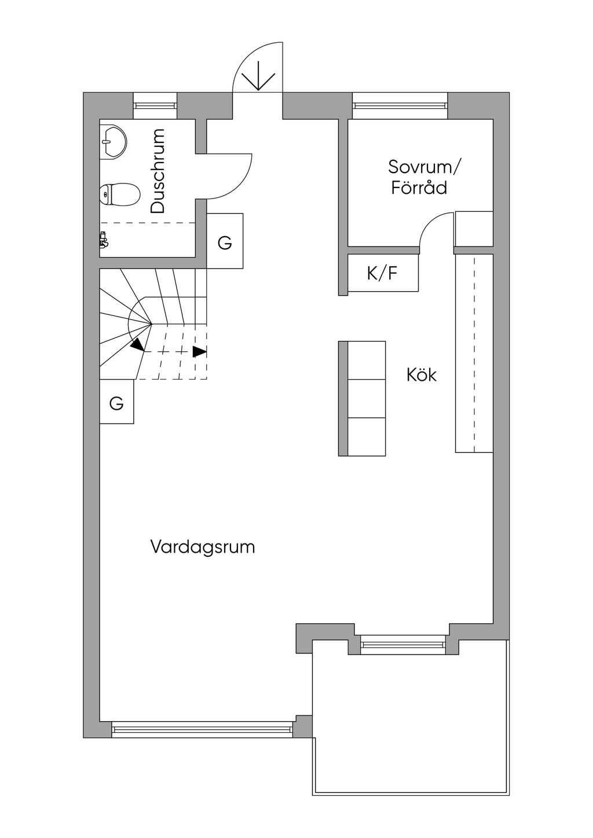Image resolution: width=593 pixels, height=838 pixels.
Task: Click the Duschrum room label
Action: tap(158, 171)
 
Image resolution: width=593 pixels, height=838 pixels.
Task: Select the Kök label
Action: tap(421, 375)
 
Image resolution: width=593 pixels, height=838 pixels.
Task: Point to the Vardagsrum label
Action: tap(203, 547)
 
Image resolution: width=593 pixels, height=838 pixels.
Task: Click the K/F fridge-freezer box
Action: tap(383, 273)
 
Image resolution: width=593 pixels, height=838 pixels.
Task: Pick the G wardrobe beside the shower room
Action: tap(225, 241)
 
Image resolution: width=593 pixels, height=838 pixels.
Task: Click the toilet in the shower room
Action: tap(120, 194)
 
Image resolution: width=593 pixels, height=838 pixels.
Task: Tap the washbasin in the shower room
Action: tap(112, 141)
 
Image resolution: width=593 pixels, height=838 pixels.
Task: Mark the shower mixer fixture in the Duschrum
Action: tap(104, 240)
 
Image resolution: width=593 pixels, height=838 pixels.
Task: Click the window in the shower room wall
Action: tap(154, 105)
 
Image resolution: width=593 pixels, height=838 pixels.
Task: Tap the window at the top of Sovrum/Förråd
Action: tap(400, 105)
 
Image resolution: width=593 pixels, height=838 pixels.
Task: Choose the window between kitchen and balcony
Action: tap(403, 644)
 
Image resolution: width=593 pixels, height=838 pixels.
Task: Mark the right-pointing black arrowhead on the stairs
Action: tap(200, 351)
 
